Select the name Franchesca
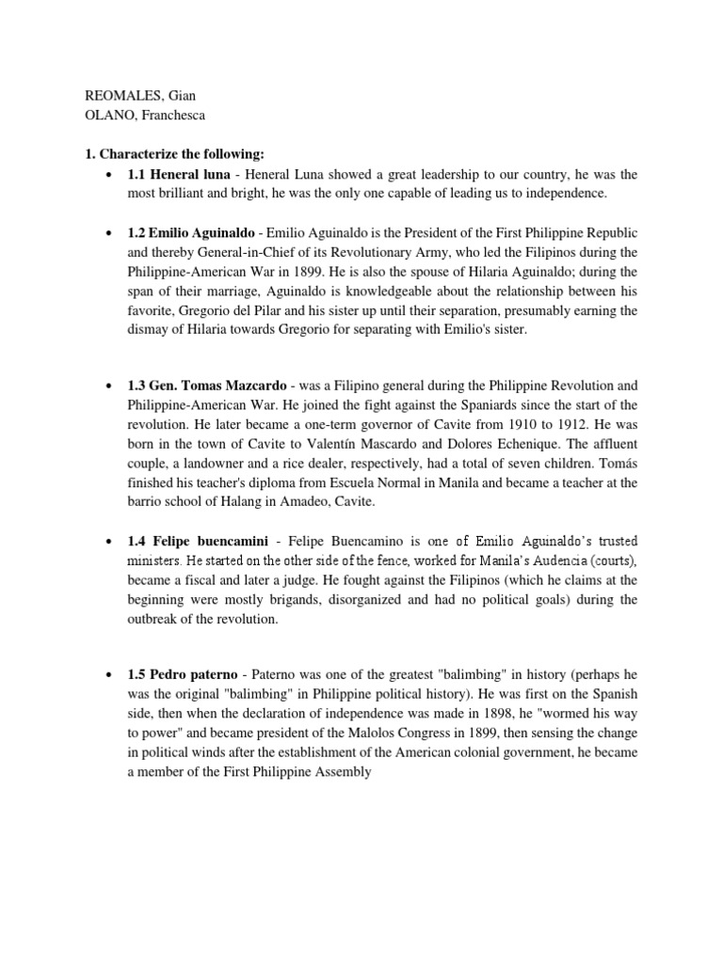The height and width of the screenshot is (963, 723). click(169, 117)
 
